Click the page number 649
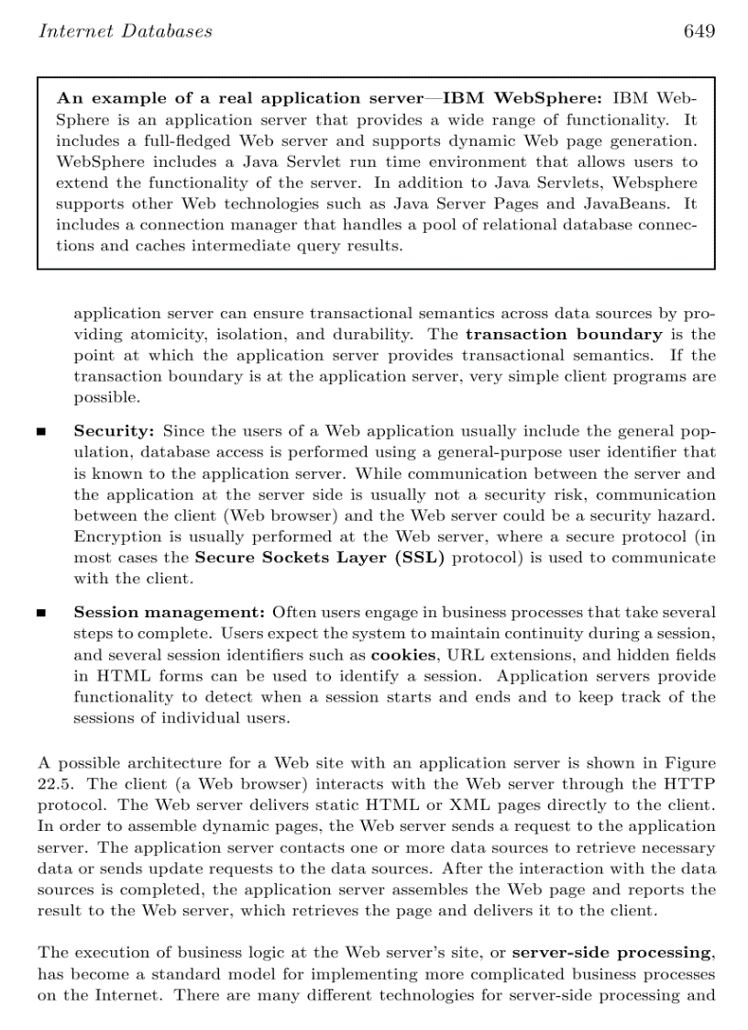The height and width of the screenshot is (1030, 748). click(x=698, y=32)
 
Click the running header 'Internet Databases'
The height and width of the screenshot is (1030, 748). click(x=125, y=32)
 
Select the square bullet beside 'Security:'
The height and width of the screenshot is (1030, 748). click(x=41, y=432)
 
